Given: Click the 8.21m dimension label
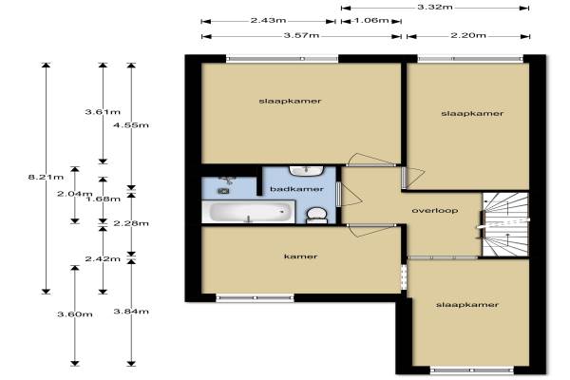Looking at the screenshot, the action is click(46, 178).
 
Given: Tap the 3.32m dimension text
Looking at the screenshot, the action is click(435, 7).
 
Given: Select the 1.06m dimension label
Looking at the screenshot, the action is click(371, 20).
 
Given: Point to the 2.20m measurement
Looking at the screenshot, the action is click(468, 35).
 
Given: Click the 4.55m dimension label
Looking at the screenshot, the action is click(131, 125).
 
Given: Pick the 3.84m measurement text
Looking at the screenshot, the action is click(131, 312).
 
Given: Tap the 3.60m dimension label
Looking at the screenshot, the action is click(75, 314).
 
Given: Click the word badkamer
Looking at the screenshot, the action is click(296, 189).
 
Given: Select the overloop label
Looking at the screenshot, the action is click(435, 211).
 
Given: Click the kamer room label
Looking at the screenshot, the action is click(300, 256).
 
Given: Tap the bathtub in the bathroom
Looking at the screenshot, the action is click(249, 212).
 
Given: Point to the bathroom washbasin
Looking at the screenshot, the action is click(307, 171).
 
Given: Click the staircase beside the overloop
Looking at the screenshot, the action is click(505, 224).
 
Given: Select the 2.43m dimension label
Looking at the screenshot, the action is click(268, 20).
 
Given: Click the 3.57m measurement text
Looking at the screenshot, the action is click(301, 35).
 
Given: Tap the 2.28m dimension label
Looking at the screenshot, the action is click(131, 223).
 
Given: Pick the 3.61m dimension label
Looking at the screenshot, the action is click(103, 112).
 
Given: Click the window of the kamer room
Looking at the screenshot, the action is click(255, 298).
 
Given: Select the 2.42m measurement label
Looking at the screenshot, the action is click(103, 259).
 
